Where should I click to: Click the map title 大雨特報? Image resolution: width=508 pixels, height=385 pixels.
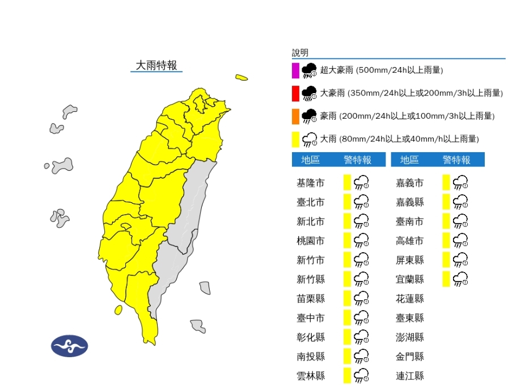click(x=156, y=65)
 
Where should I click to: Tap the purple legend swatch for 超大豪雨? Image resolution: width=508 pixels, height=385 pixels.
click(x=295, y=70)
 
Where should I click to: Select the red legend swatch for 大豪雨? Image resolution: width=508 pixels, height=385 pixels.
click(x=295, y=93)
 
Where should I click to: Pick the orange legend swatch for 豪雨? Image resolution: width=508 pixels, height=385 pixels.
click(x=295, y=116)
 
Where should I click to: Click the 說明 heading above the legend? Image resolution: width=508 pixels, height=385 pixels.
click(x=300, y=53)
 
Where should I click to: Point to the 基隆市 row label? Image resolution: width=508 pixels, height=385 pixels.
click(x=311, y=183)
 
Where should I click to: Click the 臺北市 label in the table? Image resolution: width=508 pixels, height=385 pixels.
click(x=311, y=202)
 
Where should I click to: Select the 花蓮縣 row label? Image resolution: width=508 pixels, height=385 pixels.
click(x=410, y=299)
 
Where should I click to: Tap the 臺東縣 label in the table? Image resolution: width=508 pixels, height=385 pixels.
click(x=410, y=318)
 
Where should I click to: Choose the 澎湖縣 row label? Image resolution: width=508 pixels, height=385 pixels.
click(x=410, y=337)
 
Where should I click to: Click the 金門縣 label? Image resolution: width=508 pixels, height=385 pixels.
click(x=410, y=357)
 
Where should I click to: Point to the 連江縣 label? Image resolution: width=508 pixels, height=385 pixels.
click(x=410, y=376)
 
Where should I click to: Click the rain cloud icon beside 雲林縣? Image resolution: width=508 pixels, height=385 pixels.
click(x=361, y=375)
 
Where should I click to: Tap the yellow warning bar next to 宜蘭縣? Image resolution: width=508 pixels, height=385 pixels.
click(x=446, y=279)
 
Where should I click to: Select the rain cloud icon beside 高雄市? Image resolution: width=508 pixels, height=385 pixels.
click(x=460, y=240)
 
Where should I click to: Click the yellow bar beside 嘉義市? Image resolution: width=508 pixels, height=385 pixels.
click(x=446, y=182)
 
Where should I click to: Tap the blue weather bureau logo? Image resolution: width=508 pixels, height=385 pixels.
click(x=69, y=346)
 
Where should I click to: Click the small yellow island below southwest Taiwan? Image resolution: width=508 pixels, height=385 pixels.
click(x=118, y=309)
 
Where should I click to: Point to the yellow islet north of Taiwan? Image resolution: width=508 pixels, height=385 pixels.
click(x=242, y=77)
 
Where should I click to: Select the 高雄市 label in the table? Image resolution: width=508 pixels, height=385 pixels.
click(x=410, y=241)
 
